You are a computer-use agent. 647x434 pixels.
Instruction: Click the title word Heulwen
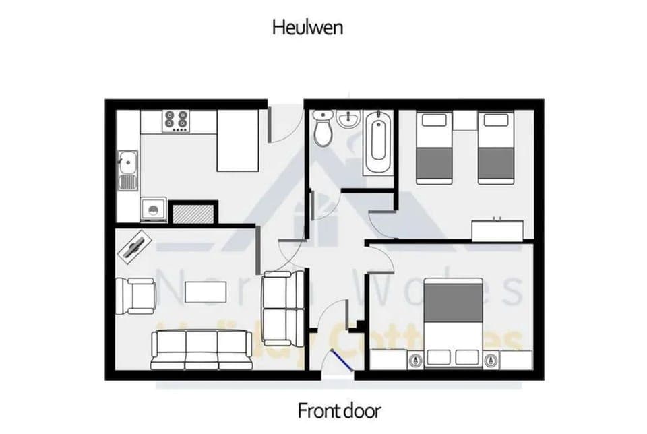(x=308, y=27)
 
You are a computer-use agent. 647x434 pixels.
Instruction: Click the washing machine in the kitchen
(x=154, y=209)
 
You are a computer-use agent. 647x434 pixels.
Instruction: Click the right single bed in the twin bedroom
(x=495, y=147)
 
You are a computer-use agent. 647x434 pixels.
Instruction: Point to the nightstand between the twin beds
(x=464, y=121)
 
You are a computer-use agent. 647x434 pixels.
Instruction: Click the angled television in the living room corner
(x=135, y=244)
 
